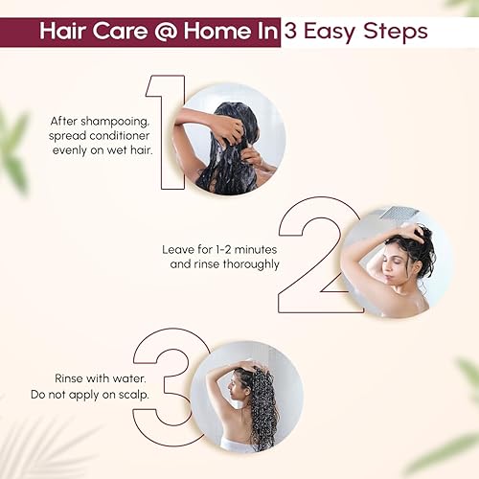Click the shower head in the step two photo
[x=392, y=213]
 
